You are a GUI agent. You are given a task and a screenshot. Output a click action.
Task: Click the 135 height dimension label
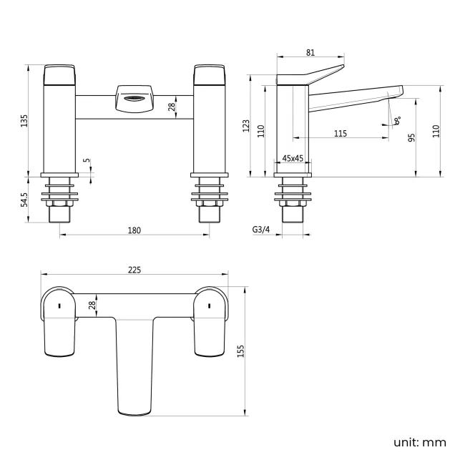tap(24, 121)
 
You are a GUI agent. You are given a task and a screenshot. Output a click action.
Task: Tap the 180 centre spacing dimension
tap(134, 230)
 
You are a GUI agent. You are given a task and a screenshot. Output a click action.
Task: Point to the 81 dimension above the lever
tap(310, 52)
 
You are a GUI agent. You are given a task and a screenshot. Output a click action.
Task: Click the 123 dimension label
tap(247, 127)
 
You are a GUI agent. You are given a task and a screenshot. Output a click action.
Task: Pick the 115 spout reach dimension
tap(340, 134)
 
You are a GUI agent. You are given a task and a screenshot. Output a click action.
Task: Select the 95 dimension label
tap(412, 137)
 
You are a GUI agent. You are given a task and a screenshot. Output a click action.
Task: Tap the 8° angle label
tap(397, 122)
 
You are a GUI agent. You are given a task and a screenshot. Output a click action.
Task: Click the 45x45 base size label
tap(293, 158)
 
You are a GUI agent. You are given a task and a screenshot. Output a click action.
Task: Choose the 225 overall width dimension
tap(134, 270)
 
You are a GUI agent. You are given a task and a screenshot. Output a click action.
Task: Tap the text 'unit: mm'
tap(419, 442)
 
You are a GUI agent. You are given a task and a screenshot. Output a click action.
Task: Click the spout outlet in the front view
tap(134, 99)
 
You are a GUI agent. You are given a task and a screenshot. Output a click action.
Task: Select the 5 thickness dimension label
tap(87, 162)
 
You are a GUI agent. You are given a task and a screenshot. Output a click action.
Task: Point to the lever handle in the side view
tap(311, 74)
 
